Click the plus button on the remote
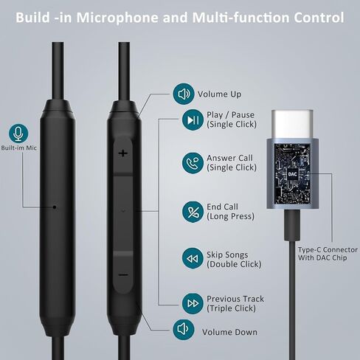[x=122, y=153]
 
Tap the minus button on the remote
[x=122, y=275]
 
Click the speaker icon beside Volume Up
[x=183, y=94]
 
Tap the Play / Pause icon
[x=193, y=120]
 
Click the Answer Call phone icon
[x=193, y=162]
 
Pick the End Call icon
[x=193, y=211]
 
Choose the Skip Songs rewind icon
[x=193, y=258]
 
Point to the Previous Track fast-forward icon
[x=193, y=302]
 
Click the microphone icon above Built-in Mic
[x=18, y=134]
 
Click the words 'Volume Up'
[x=219, y=94]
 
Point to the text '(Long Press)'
[x=231, y=217]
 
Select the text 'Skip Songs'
[x=229, y=253]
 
